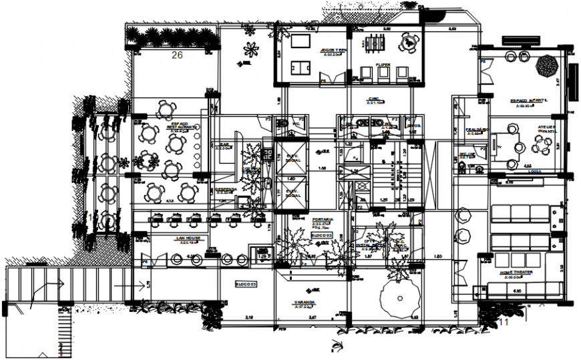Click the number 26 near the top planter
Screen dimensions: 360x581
point(177,55)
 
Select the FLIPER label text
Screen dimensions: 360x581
point(383,65)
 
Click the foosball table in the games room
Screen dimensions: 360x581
point(372,43)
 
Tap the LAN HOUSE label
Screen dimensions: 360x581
point(188,237)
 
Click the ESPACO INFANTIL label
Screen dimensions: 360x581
point(529,100)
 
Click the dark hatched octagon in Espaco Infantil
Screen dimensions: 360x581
point(549,66)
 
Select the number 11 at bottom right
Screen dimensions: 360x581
point(505,322)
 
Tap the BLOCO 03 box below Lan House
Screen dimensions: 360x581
point(246,284)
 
